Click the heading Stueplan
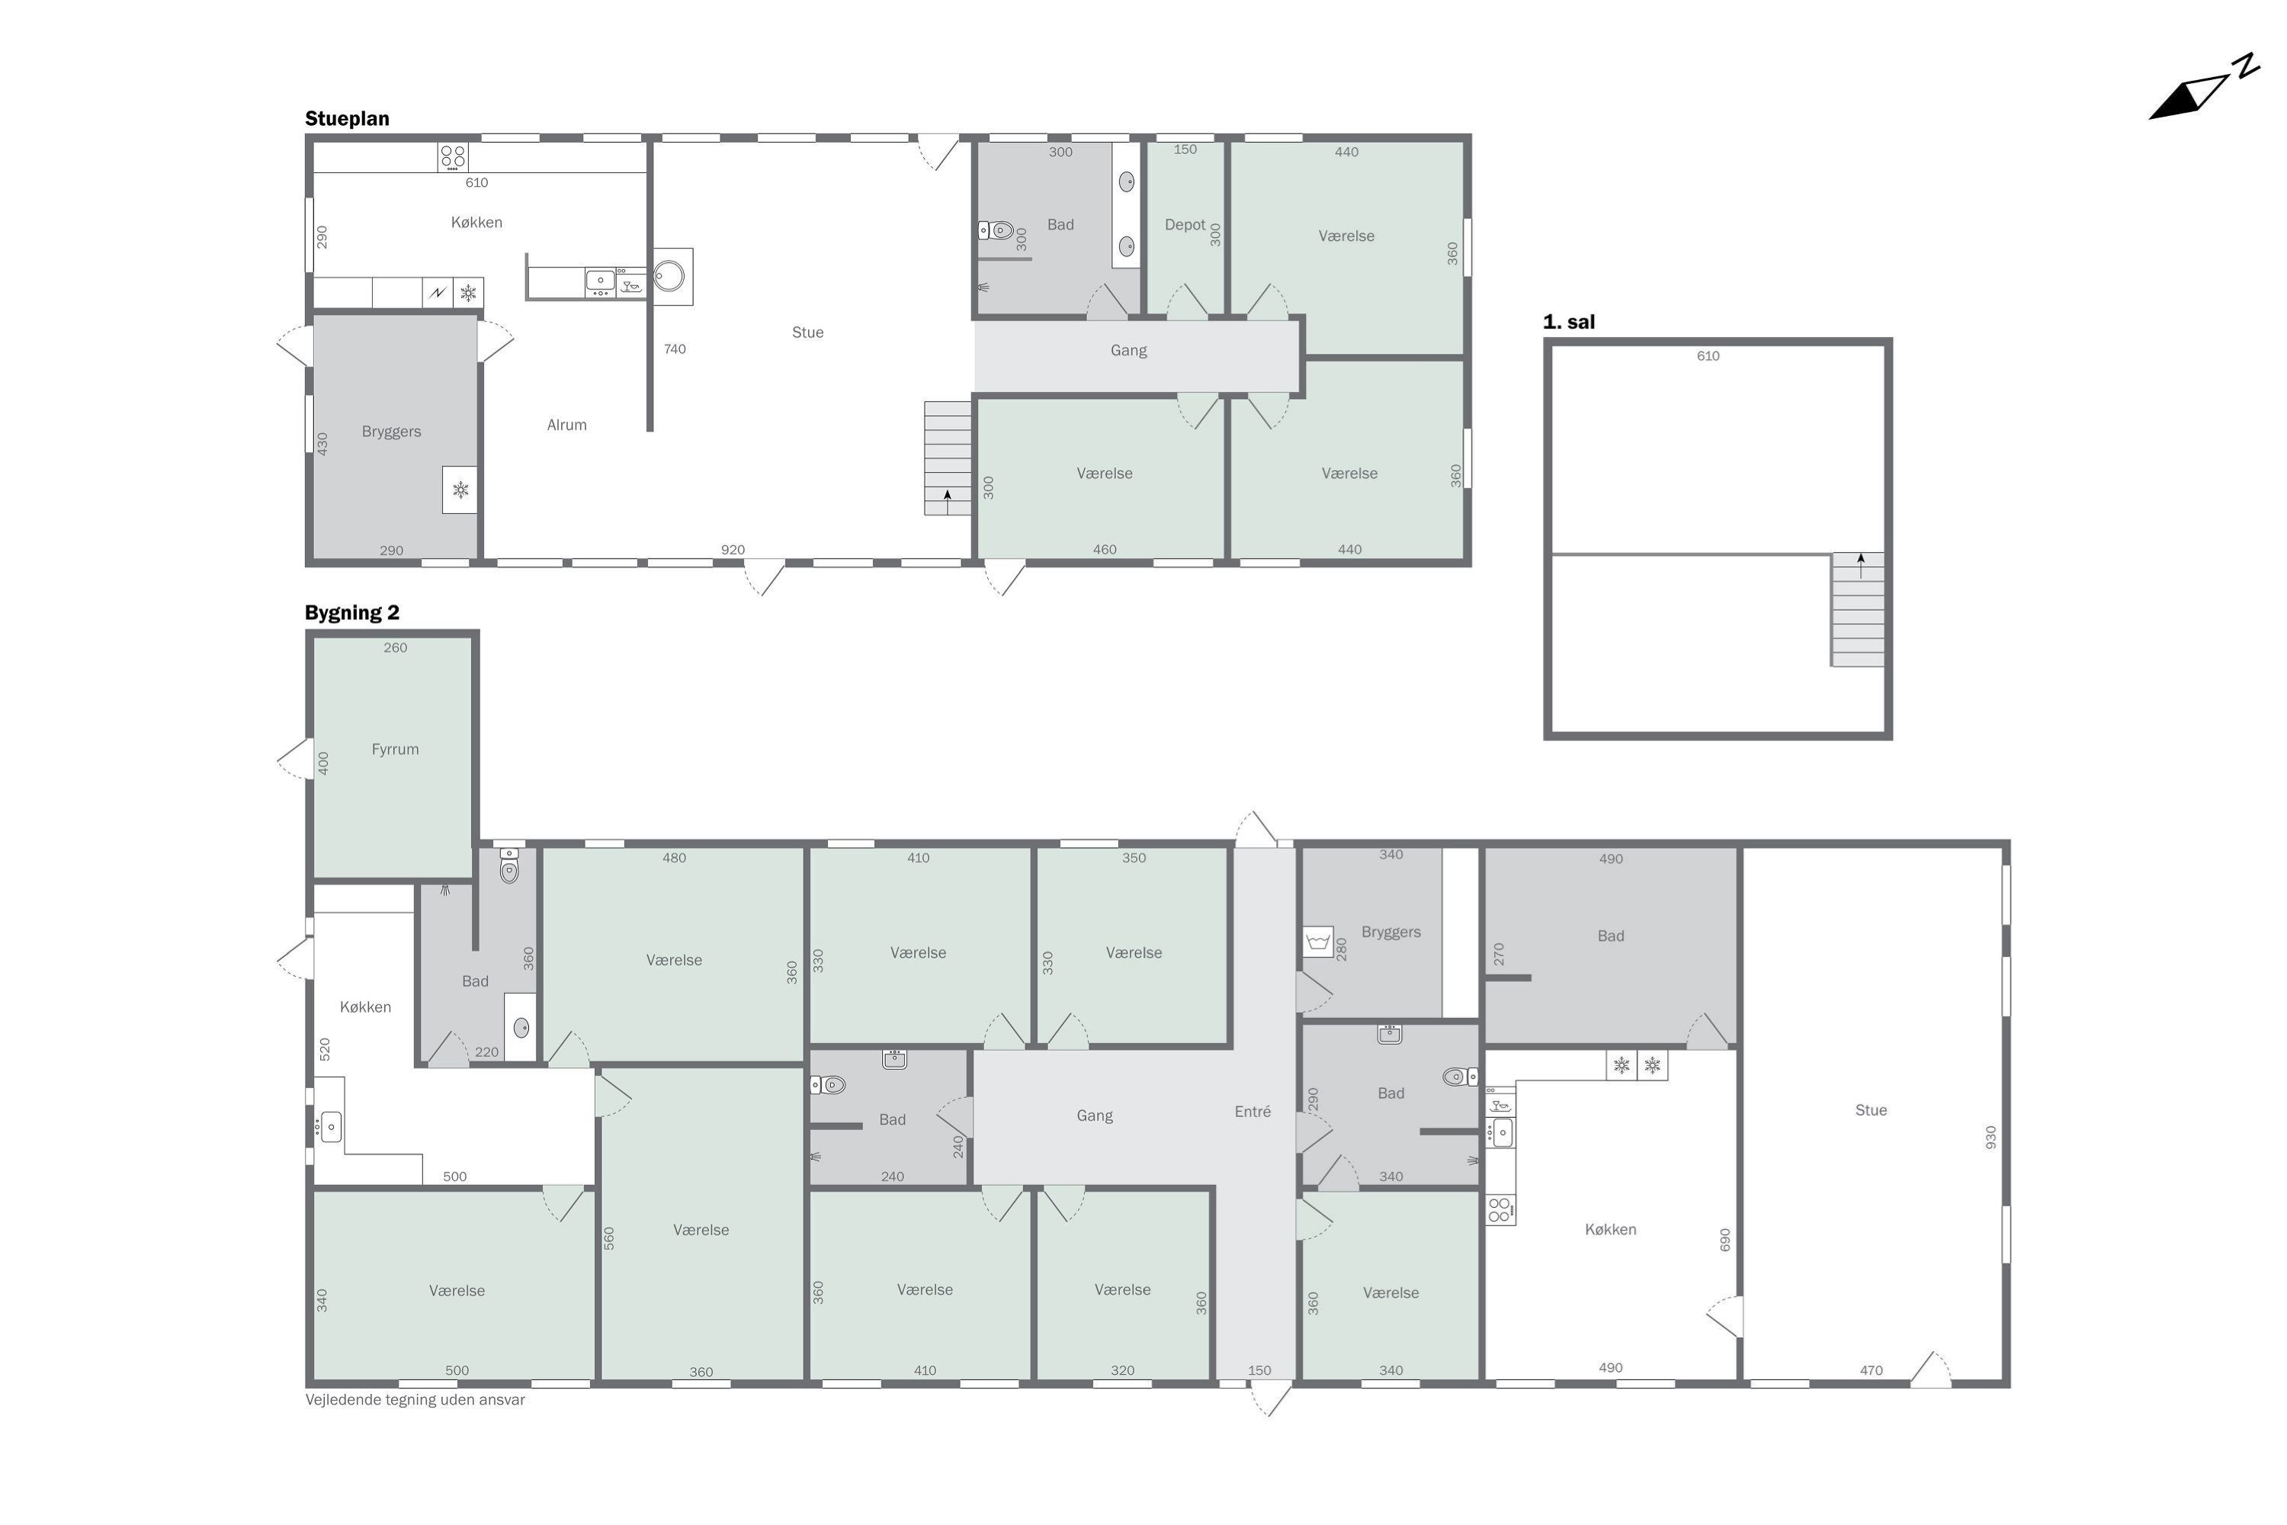tap(347, 119)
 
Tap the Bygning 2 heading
tap(352, 613)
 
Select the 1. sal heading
tap(1568, 322)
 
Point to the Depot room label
tap(1185, 225)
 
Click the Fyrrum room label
tap(395, 749)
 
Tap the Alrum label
tap(567, 425)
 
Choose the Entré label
tap(1253, 1112)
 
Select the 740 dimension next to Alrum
tap(675, 349)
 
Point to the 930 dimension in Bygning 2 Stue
tap(1990, 1137)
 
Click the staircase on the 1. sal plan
tap(1859, 610)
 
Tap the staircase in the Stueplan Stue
tap(947, 458)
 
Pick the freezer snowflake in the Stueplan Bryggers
tap(460, 490)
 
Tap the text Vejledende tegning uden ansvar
tap(415, 1399)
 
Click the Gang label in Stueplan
tap(1129, 350)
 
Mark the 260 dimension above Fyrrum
tap(395, 647)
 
